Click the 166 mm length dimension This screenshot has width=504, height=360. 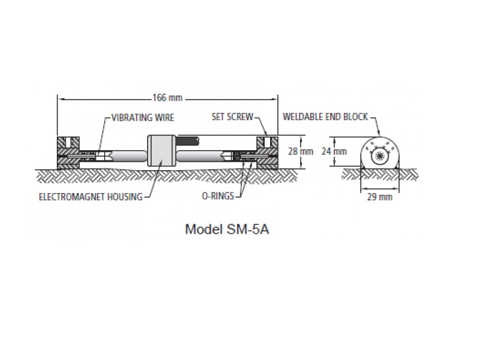pos(167,98)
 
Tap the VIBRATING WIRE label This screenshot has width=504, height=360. pos(143,118)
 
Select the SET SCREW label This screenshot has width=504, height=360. pos(233,117)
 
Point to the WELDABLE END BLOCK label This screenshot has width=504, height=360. pos(326,117)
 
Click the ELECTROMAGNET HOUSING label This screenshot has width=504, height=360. pos(91,196)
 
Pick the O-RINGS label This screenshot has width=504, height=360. pos(218,196)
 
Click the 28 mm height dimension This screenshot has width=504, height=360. pos(301,151)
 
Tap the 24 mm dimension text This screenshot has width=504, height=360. pos(334,151)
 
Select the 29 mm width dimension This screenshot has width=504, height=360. pos(380,196)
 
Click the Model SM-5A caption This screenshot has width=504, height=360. pos(227,229)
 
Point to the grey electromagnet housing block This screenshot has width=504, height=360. pos(161,151)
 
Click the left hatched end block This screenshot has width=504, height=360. pos(68,153)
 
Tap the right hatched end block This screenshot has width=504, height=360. pos(267,153)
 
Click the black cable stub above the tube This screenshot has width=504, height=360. pos(187,141)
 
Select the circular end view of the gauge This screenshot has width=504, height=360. pos(380,153)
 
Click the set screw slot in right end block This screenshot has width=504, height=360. pos(267,142)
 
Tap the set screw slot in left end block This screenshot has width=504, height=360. pos(68,142)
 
